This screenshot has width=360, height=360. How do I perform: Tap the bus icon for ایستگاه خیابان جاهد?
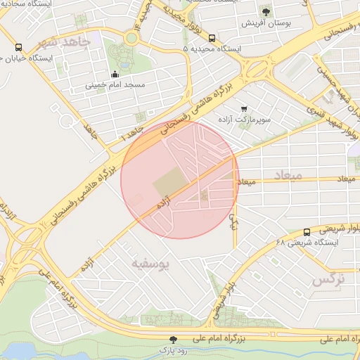click(x=18, y=48)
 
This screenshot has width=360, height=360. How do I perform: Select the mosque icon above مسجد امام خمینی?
click(x=115, y=75)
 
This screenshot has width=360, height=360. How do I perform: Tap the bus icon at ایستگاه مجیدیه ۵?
click(x=213, y=39)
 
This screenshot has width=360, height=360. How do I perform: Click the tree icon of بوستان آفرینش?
click(x=266, y=12)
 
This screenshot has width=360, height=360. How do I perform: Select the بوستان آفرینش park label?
click(x=265, y=23)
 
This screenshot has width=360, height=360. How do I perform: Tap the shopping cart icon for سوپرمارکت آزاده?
click(x=243, y=109)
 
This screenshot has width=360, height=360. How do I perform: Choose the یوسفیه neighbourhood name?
click(x=151, y=264)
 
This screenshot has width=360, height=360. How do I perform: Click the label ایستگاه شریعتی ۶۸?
click(x=307, y=243)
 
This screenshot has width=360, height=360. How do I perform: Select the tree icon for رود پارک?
click(x=174, y=340)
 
